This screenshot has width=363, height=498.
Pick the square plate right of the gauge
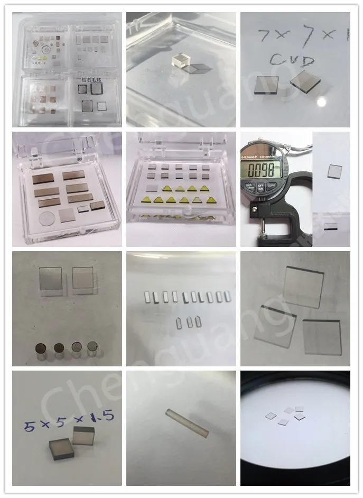point(334,170)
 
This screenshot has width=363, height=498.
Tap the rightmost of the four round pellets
point(92,347)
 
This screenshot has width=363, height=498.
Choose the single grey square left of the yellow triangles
point(151,188)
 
